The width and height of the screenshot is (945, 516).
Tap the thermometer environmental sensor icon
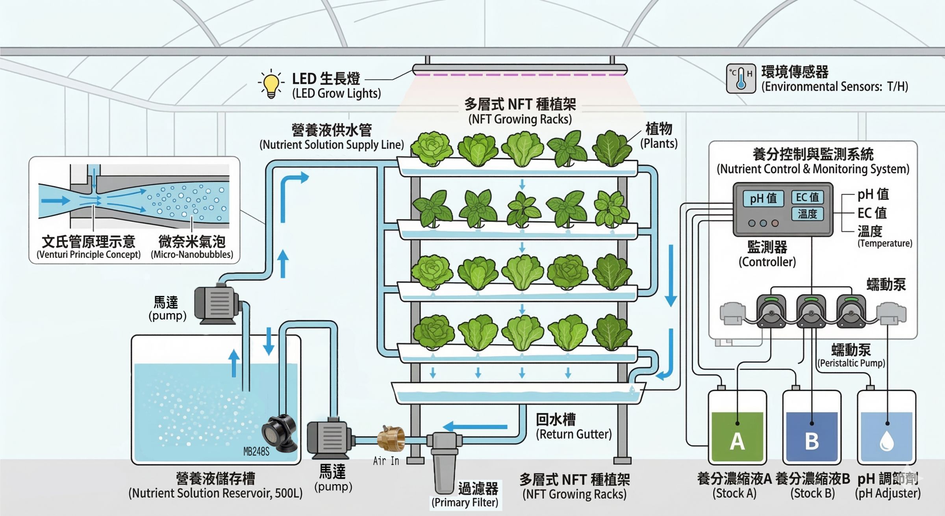[741, 78]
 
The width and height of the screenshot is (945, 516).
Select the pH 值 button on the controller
[763, 198]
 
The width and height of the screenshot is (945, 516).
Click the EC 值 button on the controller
[807, 197]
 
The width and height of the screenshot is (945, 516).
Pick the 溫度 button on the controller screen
[807, 213]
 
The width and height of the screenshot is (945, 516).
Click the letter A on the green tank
[737, 442]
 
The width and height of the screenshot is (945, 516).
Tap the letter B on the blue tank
[812, 442]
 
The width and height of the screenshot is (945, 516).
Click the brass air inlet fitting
[391, 438]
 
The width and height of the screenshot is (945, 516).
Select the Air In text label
[386, 461]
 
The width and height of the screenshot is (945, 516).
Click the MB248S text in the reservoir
[256, 451]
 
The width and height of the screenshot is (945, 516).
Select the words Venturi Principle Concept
[89, 254]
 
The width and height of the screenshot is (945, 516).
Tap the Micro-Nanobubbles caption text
[192, 254]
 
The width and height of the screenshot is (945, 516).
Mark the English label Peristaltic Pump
[851, 363]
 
